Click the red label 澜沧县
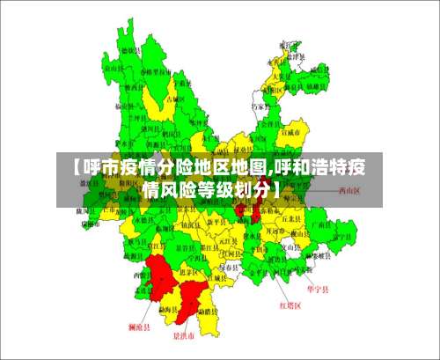139,327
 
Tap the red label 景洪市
183,335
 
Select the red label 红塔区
290,305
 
